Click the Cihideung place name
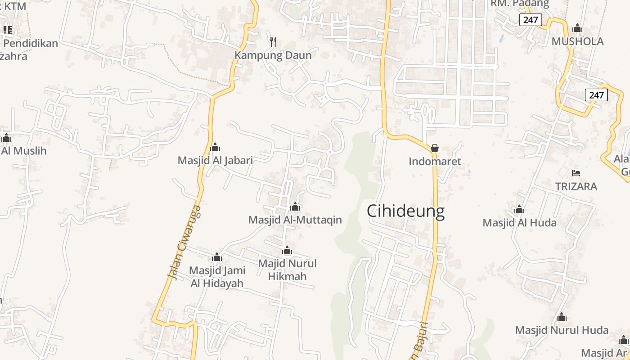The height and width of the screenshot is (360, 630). pyautogui.click(x=405, y=211)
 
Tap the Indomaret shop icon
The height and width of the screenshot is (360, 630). pyautogui.click(x=435, y=148)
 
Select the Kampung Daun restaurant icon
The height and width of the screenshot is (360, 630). pyautogui.click(x=273, y=42)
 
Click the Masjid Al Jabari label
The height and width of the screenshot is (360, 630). pyautogui.click(x=215, y=160)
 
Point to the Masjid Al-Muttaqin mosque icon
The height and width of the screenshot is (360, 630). pyautogui.click(x=295, y=207)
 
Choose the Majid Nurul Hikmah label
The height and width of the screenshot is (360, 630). pyautogui.click(x=287, y=270)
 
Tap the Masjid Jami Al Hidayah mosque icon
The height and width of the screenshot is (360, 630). pyautogui.click(x=217, y=257)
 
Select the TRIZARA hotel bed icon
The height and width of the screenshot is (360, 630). pyautogui.click(x=576, y=173)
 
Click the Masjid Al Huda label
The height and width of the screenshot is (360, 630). pyautogui.click(x=519, y=223)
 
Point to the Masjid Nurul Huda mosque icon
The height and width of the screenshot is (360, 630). pyautogui.click(x=561, y=318)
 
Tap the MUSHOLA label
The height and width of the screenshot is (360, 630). pyautogui.click(x=577, y=42)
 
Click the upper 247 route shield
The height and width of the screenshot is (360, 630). pyautogui.click(x=531, y=20)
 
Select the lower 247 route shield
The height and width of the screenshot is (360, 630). pyautogui.click(x=596, y=95)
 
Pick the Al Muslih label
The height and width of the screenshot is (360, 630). pyautogui.click(x=23, y=151)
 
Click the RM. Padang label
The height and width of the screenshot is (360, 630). pyautogui.click(x=520, y=4)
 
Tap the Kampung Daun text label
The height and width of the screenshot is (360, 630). pyautogui.click(x=273, y=56)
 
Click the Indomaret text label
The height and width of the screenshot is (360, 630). pyautogui.click(x=435, y=162)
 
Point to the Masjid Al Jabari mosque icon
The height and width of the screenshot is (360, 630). pyautogui.click(x=215, y=147)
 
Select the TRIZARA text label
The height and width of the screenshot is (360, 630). pyautogui.click(x=576, y=186)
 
